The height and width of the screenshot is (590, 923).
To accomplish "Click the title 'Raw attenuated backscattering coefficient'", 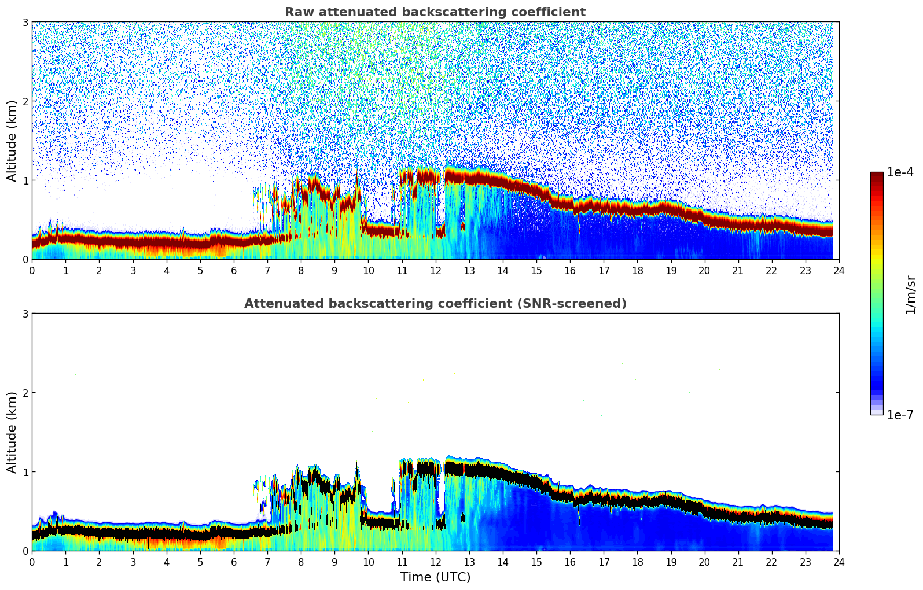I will (435, 12).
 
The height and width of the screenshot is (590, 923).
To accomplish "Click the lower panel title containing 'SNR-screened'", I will (435, 304).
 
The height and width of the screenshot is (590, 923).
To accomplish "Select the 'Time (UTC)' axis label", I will (435, 577).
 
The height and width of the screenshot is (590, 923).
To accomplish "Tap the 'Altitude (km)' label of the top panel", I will (12, 141).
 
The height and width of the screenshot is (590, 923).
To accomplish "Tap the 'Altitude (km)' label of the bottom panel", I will (12, 432).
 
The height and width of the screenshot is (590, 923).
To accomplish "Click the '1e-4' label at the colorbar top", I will (900, 172).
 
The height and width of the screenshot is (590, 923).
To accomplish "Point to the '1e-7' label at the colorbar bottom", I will (900, 415).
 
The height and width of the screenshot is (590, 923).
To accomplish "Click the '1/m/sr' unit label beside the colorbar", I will (910, 295).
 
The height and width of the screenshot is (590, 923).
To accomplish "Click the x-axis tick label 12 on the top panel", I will (435, 271).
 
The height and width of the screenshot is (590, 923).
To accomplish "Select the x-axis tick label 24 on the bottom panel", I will (839, 562).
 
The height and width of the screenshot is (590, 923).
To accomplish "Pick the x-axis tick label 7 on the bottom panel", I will (267, 562).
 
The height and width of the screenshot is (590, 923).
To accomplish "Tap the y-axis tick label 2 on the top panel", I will (25, 101).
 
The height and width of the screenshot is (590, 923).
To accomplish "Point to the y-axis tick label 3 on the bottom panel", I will (25, 314).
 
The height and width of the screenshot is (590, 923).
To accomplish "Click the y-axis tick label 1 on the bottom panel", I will (25, 472).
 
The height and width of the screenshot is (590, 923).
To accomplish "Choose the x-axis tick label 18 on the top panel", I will (637, 271).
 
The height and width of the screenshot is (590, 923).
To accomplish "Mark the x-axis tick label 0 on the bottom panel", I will (32, 562).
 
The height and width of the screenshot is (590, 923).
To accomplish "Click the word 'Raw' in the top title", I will (297, 12).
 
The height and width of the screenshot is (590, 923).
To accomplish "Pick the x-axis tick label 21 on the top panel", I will (738, 271).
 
